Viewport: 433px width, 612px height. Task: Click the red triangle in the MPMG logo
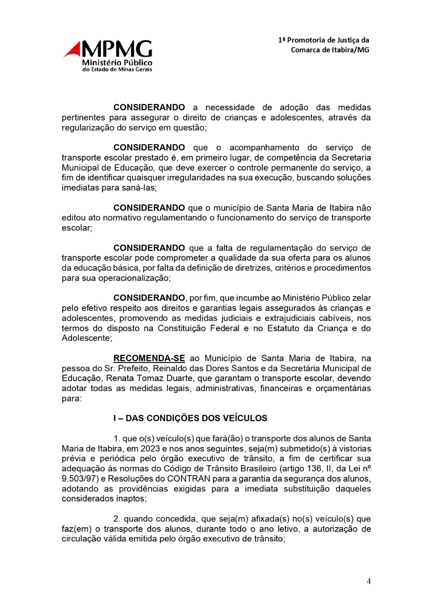(x=73, y=50)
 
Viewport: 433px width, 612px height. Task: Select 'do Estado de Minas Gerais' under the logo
(x=117, y=69)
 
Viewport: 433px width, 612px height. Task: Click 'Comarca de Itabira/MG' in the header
(x=330, y=50)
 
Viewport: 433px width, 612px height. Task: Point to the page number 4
(x=368, y=581)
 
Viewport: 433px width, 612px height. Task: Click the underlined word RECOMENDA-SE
(x=149, y=358)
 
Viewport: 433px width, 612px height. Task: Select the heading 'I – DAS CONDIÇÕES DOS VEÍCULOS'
(x=190, y=418)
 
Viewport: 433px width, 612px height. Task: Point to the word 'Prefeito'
(x=119, y=368)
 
